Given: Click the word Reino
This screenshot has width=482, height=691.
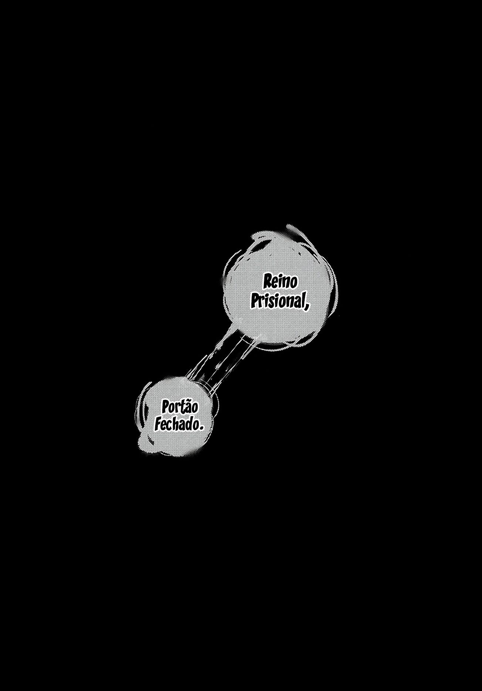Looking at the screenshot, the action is tap(280, 282).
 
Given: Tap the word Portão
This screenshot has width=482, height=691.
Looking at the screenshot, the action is tap(180, 408).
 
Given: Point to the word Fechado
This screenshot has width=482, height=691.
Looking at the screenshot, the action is tap(176, 424).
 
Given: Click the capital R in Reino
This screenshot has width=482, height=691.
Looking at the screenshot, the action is tap(267, 282).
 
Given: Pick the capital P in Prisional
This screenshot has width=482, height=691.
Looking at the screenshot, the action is tap(255, 301).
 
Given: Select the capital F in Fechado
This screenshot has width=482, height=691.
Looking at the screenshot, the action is tap(158, 424).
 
